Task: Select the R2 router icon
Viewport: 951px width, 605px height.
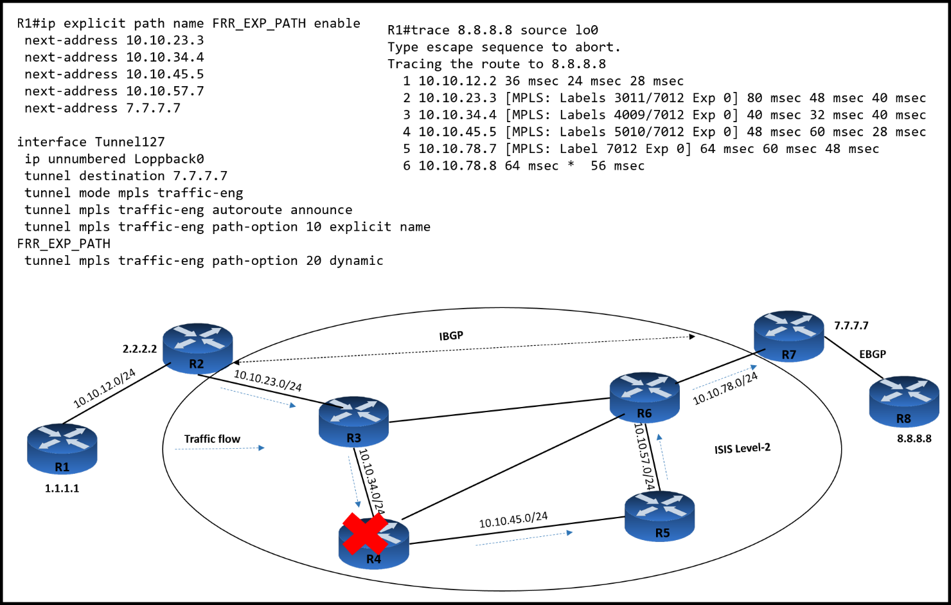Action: tap(197, 347)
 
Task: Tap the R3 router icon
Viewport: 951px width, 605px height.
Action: tap(353, 422)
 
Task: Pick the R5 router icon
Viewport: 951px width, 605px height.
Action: tap(660, 516)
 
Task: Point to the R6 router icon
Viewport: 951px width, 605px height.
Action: tap(644, 397)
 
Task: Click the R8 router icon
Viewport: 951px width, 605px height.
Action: tap(903, 402)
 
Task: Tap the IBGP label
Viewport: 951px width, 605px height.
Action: tap(451, 336)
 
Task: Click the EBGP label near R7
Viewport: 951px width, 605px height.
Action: tap(872, 354)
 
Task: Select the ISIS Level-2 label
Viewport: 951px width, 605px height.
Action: tap(742, 448)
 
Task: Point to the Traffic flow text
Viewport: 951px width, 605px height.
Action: tap(212, 439)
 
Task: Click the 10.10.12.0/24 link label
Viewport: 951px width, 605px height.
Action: tap(104, 388)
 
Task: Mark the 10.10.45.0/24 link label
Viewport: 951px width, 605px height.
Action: tap(513, 520)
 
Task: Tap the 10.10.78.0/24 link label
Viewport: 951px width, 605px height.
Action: tap(725, 389)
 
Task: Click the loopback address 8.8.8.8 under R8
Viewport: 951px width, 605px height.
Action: tap(914, 438)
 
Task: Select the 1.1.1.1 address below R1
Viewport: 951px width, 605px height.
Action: tap(62, 489)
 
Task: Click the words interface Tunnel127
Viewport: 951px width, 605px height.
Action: tap(91, 142)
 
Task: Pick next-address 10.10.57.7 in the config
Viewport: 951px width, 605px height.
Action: tap(114, 91)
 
